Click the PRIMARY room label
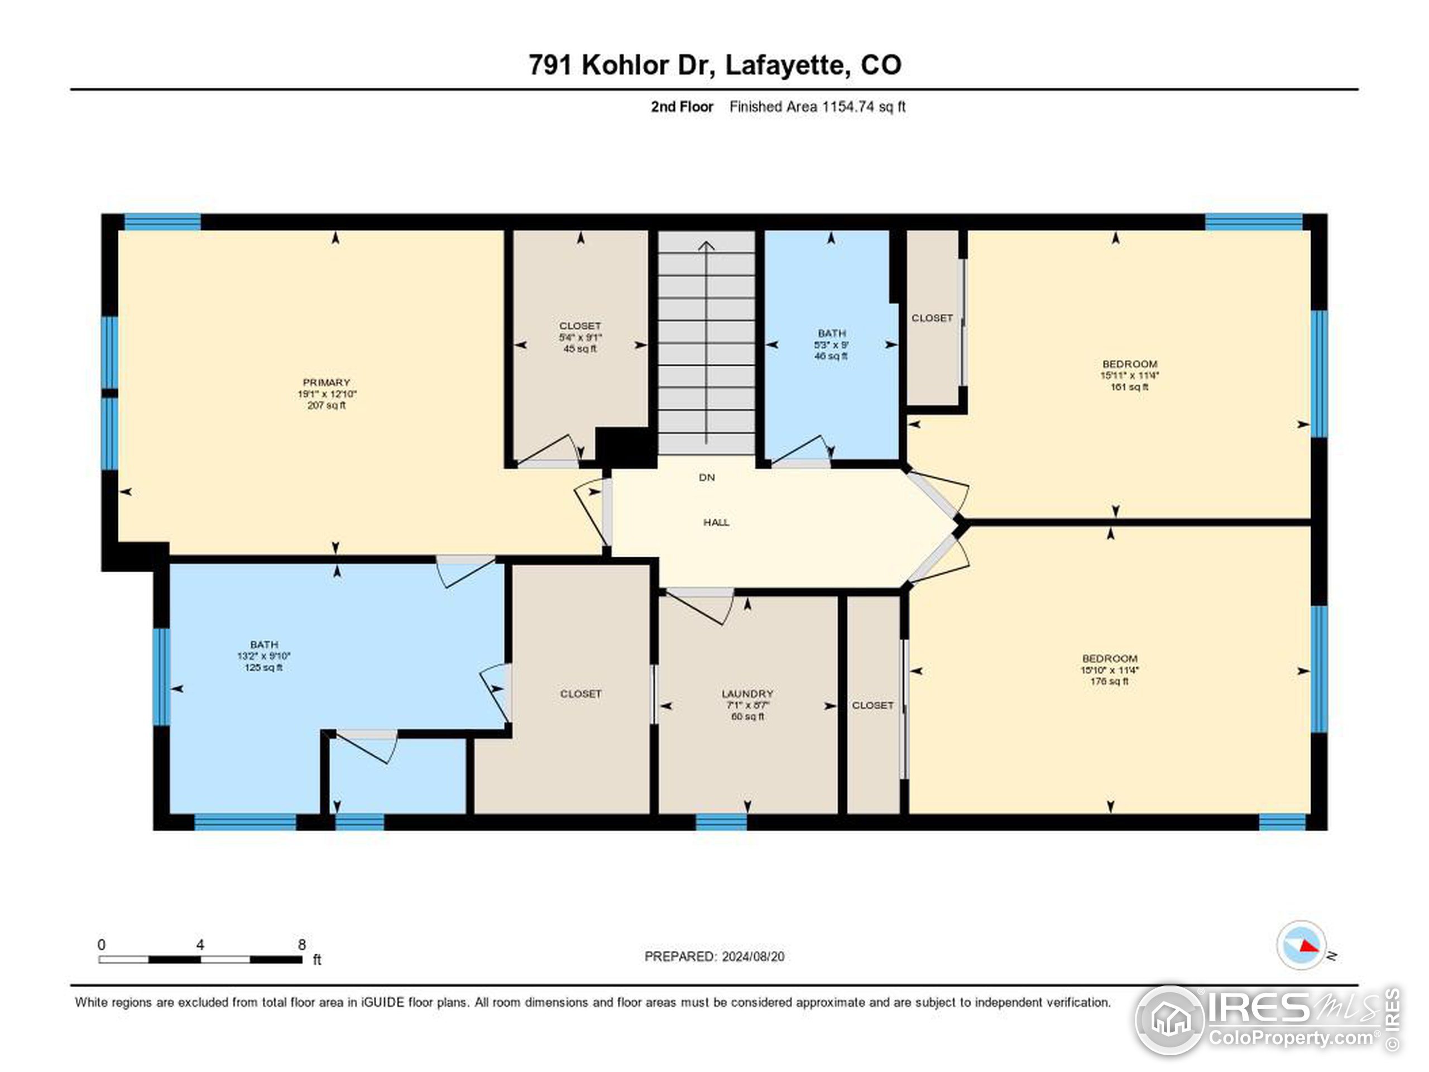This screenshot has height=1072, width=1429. click(326, 382)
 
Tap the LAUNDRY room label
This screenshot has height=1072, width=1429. click(747, 693)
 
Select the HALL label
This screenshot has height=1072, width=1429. click(716, 522)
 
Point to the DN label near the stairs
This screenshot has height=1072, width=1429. click(707, 477)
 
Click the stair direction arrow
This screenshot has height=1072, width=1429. click(707, 342)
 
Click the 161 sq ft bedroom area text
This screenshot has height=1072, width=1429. click(1129, 387)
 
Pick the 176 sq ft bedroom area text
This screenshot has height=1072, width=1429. click(1109, 681)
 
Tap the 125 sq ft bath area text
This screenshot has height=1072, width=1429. click(263, 667)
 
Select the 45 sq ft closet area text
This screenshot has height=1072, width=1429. click(580, 349)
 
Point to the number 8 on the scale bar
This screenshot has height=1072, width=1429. click(301, 945)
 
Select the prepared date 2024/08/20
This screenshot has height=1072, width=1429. click(752, 956)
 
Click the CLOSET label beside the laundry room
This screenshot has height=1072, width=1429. click(872, 705)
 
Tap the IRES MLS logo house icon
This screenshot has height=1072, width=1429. click(1170, 1020)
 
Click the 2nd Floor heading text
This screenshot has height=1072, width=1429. click(682, 107)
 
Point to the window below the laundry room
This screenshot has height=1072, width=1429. click(721, 821)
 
